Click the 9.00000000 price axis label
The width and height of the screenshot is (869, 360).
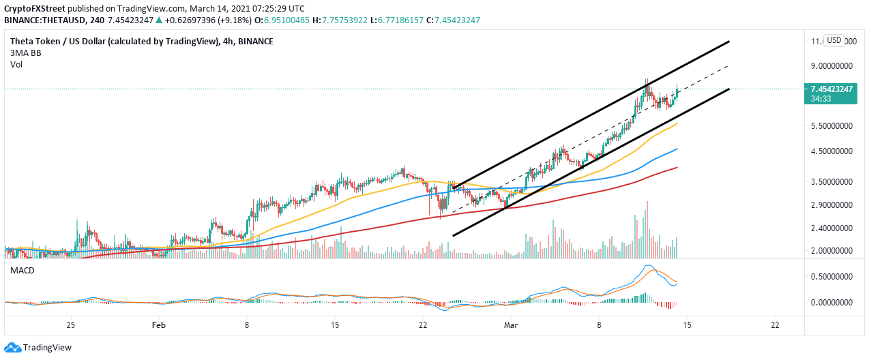pyautogui.click(x=831, y=66)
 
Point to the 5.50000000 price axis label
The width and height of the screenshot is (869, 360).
pyautogui.click(x=831, y=126)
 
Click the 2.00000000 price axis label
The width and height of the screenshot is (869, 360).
pyautogui.click(x=831, y=250)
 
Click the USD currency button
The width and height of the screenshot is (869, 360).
pyautogui.click(x=834, y=40)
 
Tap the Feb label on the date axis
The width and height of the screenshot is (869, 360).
pyautogui.click(x=158, y=326)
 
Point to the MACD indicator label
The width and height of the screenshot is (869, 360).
pyautogui.click(x=23, y=271)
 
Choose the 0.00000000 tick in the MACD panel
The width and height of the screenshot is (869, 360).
pyautogui.click(x=831, y=302)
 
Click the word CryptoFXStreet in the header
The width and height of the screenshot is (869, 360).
pyautogui.click(x=42, y=7)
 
